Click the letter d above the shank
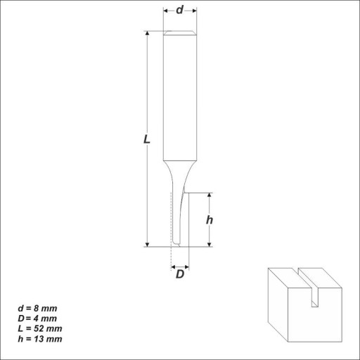point(179,10)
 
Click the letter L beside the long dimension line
point(147,139)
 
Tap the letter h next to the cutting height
point(210,220)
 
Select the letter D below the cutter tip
point(180,274)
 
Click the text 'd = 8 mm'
point(37,309)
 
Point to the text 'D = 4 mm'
point(37,319)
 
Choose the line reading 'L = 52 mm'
point(40,328)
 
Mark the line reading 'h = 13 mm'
point(40,339)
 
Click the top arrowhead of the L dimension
point(147,33)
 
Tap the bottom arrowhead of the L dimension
point(147,244)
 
